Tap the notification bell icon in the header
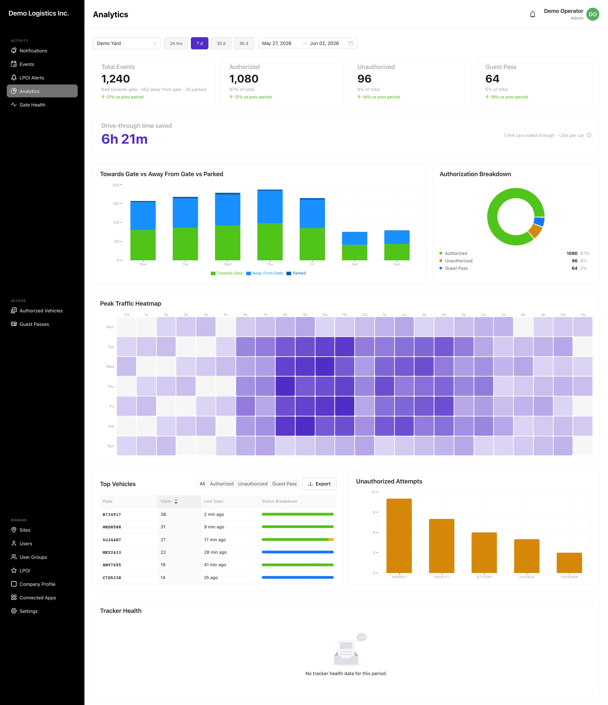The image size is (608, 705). [532, 14]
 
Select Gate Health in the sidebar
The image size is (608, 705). [32, 105]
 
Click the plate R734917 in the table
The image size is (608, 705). [112, 515]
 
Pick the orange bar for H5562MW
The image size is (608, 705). [569, 563]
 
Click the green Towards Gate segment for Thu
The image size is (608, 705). [270, 242]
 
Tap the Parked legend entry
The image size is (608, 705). [296, 273]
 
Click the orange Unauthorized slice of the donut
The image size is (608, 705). [536, 231]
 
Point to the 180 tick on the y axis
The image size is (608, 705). [116, 203]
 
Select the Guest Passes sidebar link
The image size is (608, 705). [34, 324]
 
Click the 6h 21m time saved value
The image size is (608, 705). [124, 139]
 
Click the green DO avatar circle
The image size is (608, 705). [593, 14]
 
